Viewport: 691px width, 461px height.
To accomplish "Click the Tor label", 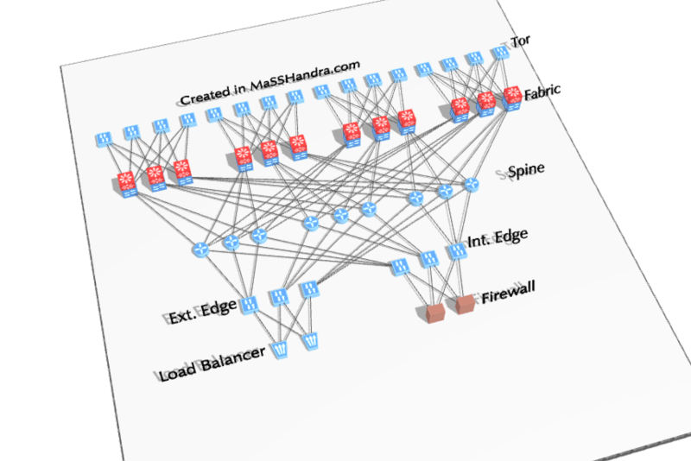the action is coord(521,41).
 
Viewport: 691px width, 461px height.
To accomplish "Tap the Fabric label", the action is coord(542,92).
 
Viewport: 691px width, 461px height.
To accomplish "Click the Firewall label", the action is coord(508,292).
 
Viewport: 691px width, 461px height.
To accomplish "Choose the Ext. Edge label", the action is coord(202,312).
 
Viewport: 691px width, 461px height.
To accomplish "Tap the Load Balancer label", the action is coord(212,363).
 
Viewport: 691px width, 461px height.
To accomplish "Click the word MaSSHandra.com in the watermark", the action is coord(305,76).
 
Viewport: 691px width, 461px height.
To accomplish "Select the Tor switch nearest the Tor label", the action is coord(500,54).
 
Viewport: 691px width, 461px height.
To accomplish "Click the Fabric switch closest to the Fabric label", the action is coord(512,98).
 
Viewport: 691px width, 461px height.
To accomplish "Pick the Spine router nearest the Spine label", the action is coord(472,184).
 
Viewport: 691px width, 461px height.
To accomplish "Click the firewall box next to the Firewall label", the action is coord(465,304).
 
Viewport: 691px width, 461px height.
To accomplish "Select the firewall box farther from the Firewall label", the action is coord(436,313).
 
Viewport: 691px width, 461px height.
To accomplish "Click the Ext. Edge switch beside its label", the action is coord(249,305).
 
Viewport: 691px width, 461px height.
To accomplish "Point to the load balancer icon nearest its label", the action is coord(280,350).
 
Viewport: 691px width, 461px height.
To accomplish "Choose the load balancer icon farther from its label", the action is coord(311,341).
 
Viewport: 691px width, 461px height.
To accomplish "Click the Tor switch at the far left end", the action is coord(104,140).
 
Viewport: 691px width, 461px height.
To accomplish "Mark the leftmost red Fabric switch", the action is coord(127,184).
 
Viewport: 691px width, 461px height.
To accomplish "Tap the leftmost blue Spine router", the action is coord(201,249).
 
